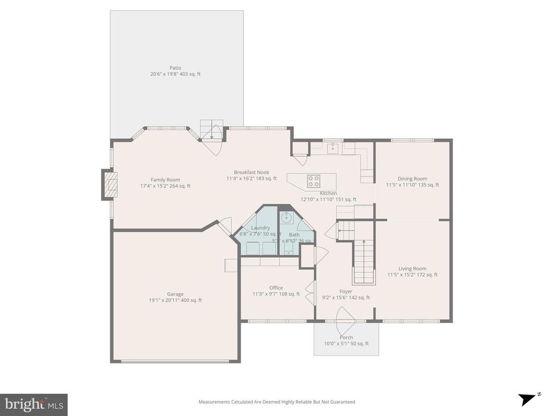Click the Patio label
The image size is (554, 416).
tap(175, 68)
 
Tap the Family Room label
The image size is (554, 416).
tap(165, 180)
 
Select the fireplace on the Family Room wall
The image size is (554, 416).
tap(109, 185)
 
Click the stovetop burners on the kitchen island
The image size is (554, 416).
tap(314, 180)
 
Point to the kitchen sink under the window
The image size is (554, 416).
tap(333, 147)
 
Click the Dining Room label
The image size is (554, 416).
tap(412, 179)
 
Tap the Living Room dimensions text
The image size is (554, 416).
tap(412, 275)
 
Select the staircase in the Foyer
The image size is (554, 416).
tap(364, 262)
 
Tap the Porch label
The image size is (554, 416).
tap(346, 337)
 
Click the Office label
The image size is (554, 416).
tap(276, 288)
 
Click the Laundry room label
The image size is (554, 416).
tap(260, 228)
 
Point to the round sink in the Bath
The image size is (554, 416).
tap(287, 218)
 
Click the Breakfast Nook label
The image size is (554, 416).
tap(252, 172)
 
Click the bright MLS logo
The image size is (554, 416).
tap(34, 404)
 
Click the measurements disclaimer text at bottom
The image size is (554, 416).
tap(276, 402)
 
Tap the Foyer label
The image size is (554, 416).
tap(346, 291)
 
